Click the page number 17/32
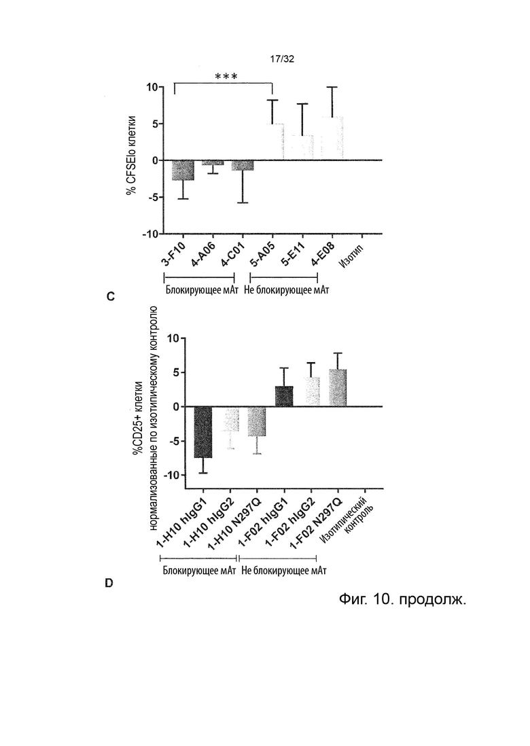point(282,59)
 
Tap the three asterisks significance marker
point(226,77)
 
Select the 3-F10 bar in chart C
point(183,171)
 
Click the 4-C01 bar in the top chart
point(242,166)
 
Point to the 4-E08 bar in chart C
point(332,139)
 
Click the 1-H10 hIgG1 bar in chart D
point(203,432)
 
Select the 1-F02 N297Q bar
point(338,388)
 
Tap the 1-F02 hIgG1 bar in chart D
point(284,396)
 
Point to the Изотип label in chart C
point(351,255)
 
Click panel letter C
point(110,297)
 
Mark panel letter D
point(109,583)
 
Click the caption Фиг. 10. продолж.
point(402,599)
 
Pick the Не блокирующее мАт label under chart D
point(284,570)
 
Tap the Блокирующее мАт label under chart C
point(202,289)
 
